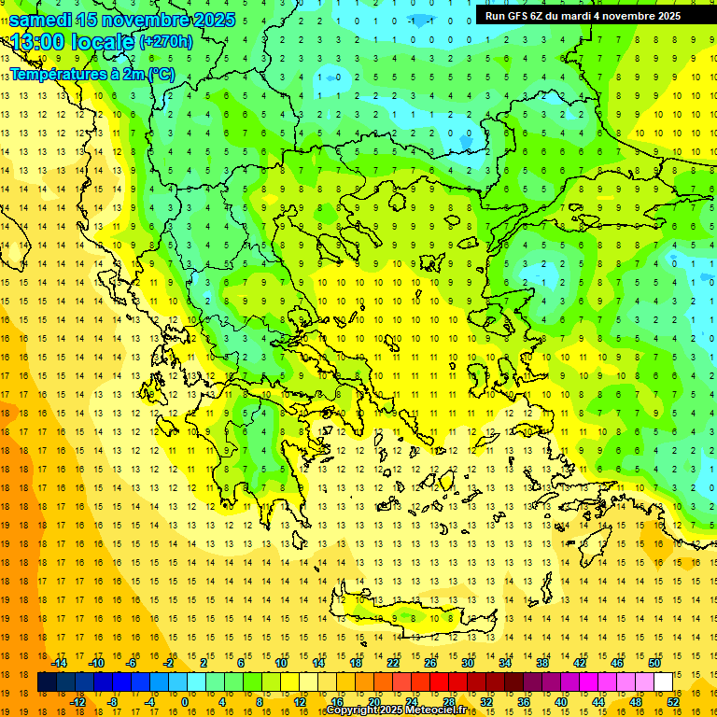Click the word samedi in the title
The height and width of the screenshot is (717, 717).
[41, 20]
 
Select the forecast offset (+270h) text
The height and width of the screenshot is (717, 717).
[166, 41]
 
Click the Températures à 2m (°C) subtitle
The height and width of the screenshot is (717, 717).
[91, 74]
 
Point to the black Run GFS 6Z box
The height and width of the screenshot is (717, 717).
[583, 15]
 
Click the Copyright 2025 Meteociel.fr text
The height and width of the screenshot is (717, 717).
[396, 710]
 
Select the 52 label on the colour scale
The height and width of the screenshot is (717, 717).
[673, 701]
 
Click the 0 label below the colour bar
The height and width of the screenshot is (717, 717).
[185, 701]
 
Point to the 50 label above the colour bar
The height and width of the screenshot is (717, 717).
[654, 663]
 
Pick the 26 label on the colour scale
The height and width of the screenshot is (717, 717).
[430, 663]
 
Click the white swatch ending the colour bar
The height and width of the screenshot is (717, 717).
[663, 682]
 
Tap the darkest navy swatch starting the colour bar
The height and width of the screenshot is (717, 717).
[47, 682]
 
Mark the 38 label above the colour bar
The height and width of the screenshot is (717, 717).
[542, 663]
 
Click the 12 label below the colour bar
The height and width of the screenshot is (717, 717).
[301, 701]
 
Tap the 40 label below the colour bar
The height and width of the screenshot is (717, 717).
[561, 701]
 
